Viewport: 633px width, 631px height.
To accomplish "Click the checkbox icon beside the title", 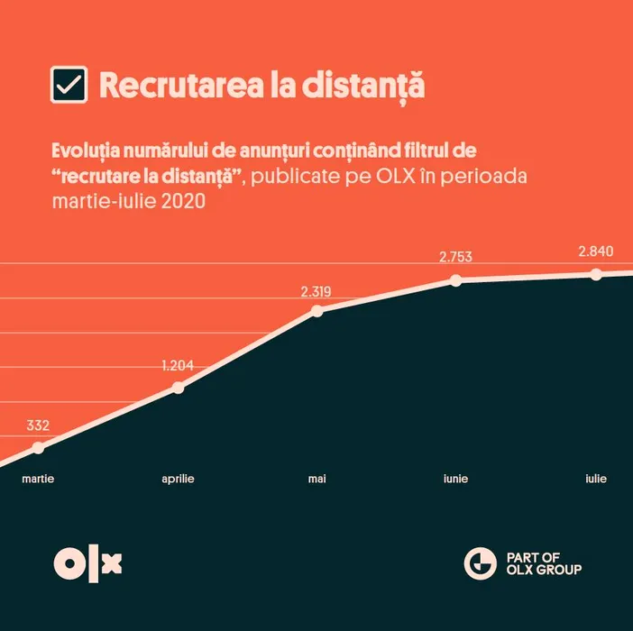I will click(69, 86).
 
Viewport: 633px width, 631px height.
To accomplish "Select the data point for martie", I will click(38, 448).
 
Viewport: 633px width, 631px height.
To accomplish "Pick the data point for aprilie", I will click(178, 388).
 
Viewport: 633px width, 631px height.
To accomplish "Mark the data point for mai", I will click(316, 311).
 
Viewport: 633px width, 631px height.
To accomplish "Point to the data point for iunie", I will click(455, 280).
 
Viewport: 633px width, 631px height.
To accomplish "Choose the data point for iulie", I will click(595, 274).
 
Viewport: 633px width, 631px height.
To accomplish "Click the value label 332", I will click(38, 425).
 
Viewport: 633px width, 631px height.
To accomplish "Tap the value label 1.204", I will click(178, 366).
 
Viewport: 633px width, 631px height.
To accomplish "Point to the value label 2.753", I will click(455, 257).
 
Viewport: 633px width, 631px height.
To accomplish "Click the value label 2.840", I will click(595, 251).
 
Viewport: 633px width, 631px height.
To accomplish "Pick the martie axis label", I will click(38, 479).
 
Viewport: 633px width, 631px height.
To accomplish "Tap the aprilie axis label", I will click(178, 479).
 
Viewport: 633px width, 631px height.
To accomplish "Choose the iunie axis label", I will click(455, 479).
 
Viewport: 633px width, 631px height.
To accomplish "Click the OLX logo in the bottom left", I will click(87, 563).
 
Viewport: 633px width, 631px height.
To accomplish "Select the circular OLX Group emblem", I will click(480, 563).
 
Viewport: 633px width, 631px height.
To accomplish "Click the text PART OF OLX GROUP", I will click(538, 563).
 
